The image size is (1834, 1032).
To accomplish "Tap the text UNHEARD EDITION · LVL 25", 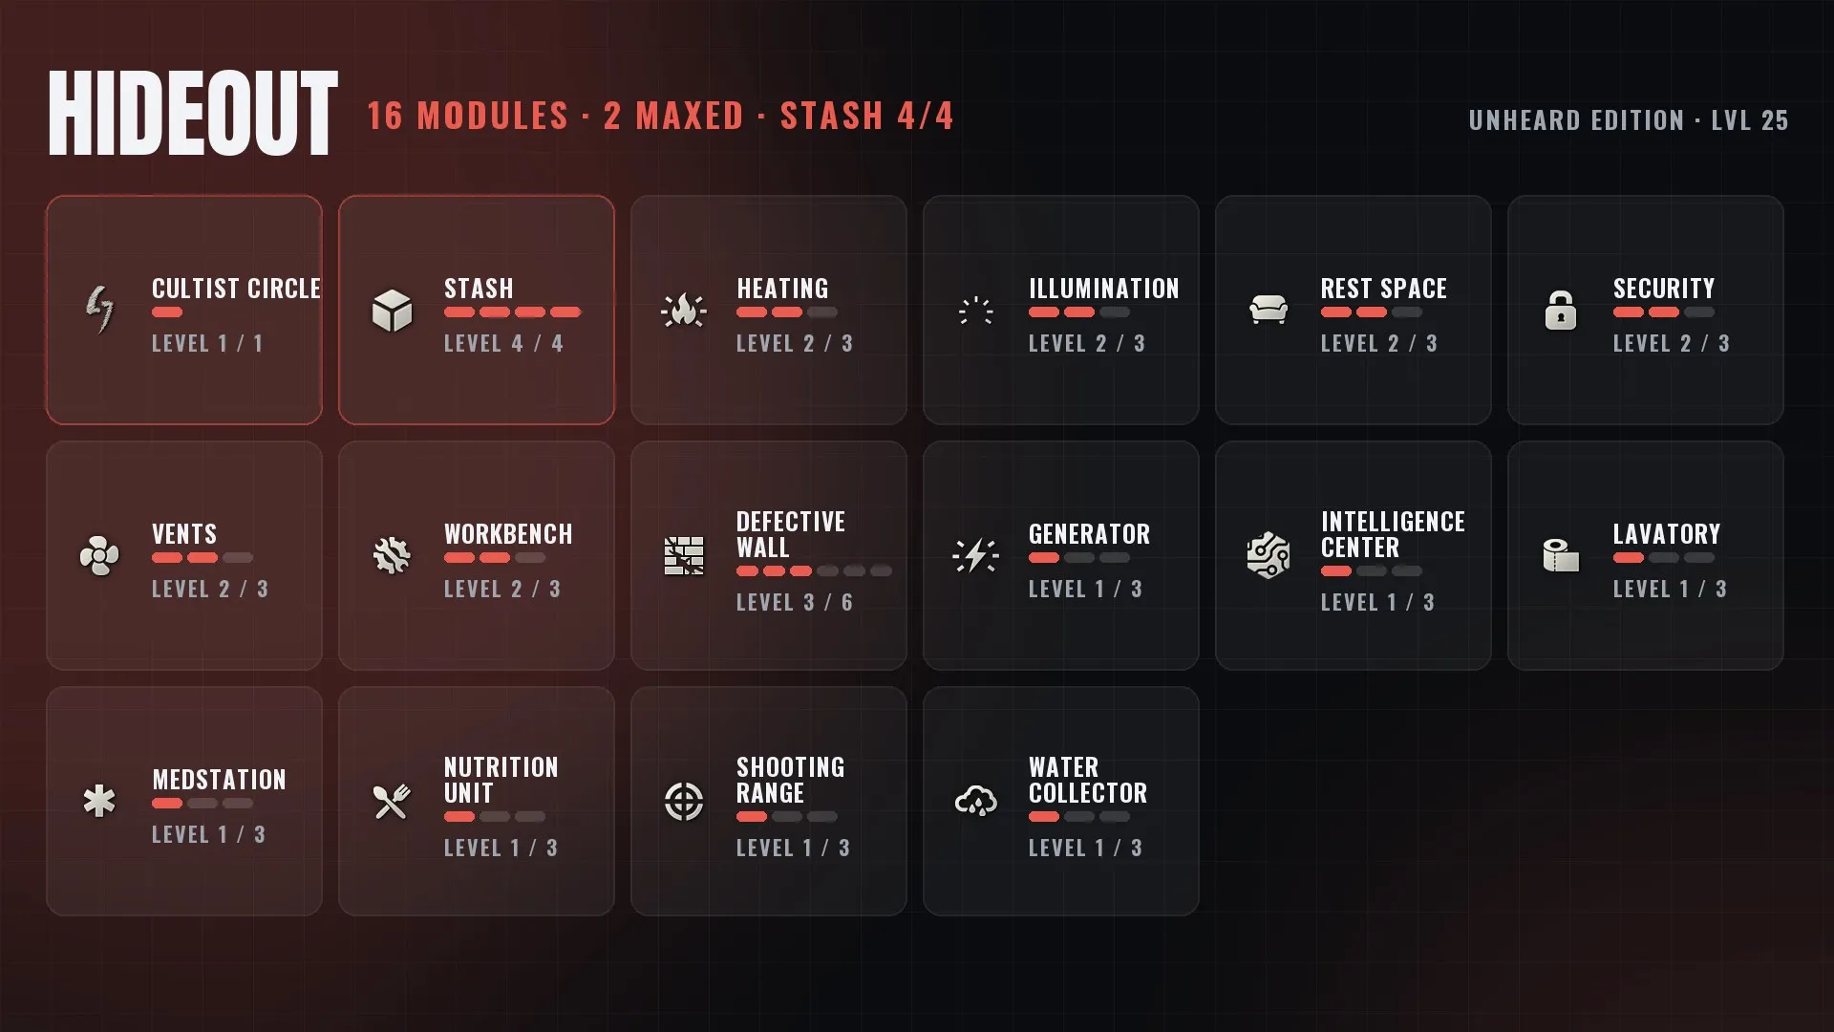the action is (1629, 120).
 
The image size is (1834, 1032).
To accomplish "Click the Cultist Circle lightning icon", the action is (99, 310).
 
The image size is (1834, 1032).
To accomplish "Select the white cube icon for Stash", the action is (392, 311).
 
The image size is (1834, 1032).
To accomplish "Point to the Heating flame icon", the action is (684, 310).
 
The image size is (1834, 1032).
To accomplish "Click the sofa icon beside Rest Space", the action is (1269, 310).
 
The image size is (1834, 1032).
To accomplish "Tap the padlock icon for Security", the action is (1561, 310).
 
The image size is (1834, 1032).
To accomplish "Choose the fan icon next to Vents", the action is (99, 555).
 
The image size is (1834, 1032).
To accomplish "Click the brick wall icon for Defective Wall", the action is (684, 556).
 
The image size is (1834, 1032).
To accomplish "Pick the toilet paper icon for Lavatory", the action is (1561, 555).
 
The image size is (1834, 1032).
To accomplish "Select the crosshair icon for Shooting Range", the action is (684, 802).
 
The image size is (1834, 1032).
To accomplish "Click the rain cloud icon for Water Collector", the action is (976, 801).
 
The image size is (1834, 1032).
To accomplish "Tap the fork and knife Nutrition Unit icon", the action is (392, 802).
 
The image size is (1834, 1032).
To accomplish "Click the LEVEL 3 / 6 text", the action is (795, 603).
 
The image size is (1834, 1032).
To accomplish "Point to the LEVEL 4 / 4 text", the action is (503, 344).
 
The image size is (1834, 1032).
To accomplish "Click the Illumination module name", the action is (1104, 289).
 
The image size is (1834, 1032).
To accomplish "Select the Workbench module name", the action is (508, 534).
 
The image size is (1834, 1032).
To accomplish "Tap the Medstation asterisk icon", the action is (99, 801).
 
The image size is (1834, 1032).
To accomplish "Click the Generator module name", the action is (1089, 534).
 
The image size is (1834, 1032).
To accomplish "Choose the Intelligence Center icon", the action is (1269, 555).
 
